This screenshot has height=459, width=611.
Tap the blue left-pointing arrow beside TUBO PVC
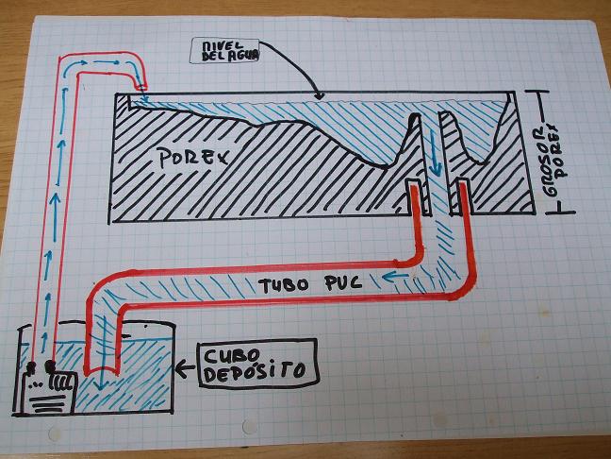click(395, 277)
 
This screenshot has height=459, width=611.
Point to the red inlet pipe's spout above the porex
click(140, 83)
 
